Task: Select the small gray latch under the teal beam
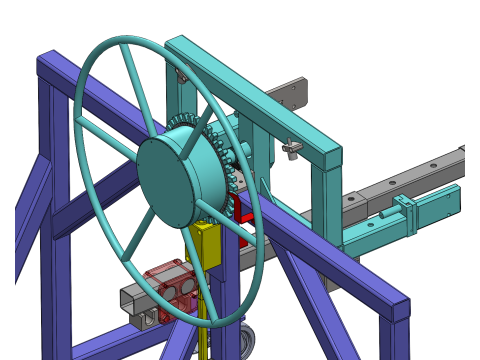tap(292, 149)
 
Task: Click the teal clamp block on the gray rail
tap(405, 215)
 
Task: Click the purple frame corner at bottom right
tap(399, 310)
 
